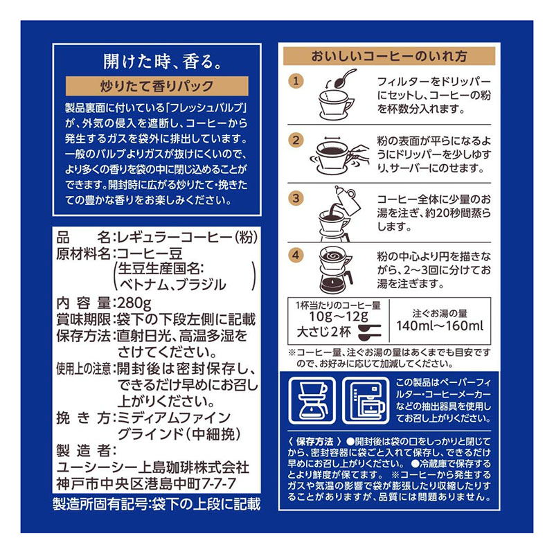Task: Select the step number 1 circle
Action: [x=296, y=82]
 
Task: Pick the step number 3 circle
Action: [x=296, y=198]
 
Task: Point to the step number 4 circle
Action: [x=296, y=254]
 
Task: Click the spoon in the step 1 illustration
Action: [x=345, y=78]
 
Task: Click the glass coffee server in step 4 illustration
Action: [x=337, y=280]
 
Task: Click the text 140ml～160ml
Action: [x=440, y=326]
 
